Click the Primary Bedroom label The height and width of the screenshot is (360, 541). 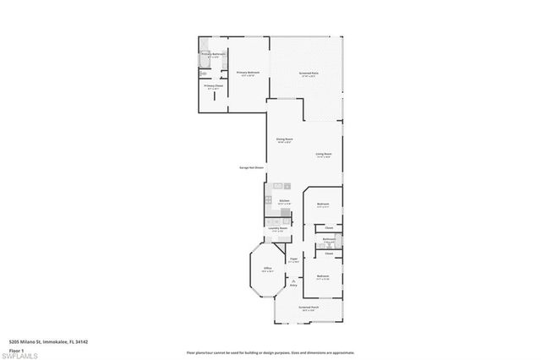click(x=247, y=74)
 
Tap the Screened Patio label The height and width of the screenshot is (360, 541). click(x=308, y=74)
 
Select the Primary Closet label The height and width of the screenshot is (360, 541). click(x=213, y=86)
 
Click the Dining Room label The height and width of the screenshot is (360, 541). click(x=284, y=139)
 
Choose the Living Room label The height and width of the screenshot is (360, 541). click(x=324, y=155)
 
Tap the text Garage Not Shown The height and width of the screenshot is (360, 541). click(x=251, y=168)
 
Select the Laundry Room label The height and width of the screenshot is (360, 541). click(x=279, y=228)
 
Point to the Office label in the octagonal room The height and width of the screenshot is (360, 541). click(x=267, y=269)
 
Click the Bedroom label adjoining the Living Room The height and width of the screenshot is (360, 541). click(x=323, y=205)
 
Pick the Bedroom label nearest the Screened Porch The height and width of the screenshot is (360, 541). click(x=323, y=276)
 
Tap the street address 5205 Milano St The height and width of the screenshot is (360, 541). click(x=48, y=341)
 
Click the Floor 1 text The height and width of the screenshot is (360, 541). click(x=16, y=348)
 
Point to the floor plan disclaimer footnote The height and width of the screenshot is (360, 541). click(x=270, y=352)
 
